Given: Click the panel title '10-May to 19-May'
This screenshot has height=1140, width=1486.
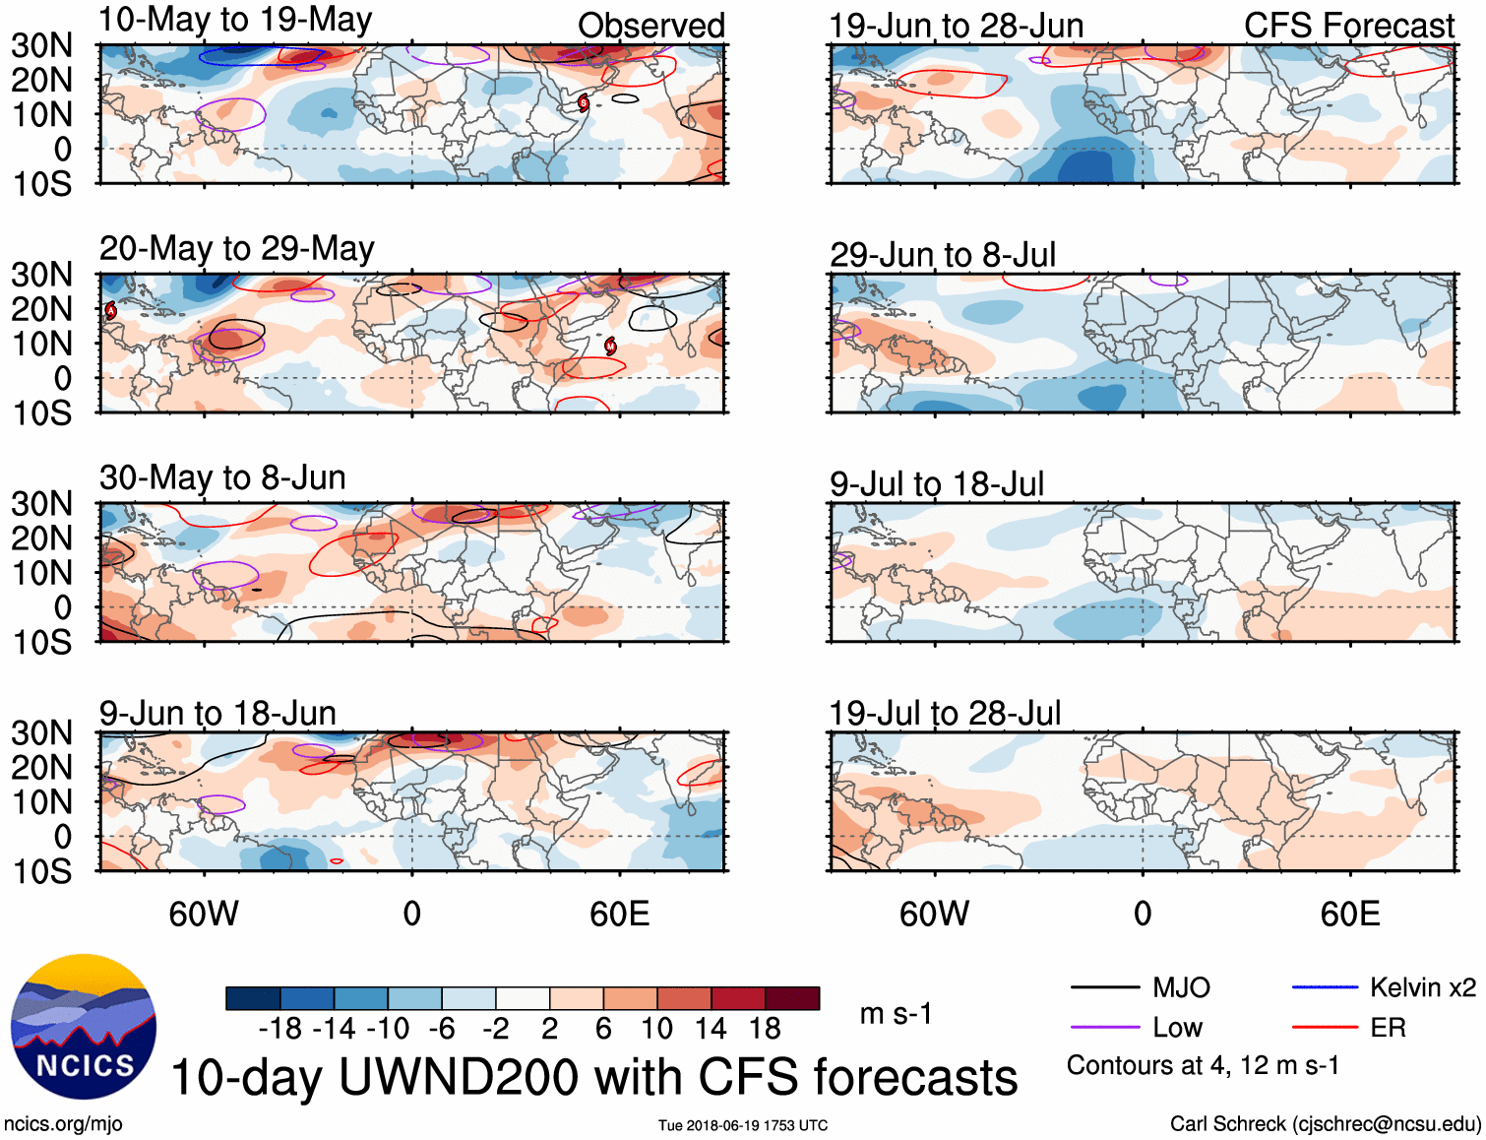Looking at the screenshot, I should click(235, 21).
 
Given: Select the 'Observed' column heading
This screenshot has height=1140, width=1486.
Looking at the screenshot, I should click(650, 26).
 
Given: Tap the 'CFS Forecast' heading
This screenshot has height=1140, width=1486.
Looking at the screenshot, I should click(1348, 26).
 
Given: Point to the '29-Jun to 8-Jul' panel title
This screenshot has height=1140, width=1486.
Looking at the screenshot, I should click(942, 255).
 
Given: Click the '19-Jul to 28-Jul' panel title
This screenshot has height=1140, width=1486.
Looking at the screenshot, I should click(945, 713).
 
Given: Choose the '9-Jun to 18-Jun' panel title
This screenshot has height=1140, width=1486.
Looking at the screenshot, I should click(217, 713).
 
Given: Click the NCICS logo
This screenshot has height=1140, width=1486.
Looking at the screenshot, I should click(84, 1027).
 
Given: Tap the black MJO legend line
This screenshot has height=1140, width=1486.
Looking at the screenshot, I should click(1105, 987).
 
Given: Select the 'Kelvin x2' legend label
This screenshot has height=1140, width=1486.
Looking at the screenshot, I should click(1422, 987).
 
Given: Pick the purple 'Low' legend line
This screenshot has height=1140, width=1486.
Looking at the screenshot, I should click(1105, 1028).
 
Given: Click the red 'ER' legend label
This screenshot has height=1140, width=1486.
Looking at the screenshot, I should click(1388, 1028).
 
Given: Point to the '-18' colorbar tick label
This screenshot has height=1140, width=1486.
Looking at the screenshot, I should click(280, 1029).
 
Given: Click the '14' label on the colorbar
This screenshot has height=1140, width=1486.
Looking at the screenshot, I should click(711, 1029).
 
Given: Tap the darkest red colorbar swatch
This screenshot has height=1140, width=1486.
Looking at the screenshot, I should click(792, 998).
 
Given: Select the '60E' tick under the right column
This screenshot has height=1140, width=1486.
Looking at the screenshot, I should click(1349, 914).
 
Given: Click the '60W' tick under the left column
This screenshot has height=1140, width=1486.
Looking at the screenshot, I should click(204, 914).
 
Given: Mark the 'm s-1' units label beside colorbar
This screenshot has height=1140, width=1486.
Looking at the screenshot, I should click(896, 1013).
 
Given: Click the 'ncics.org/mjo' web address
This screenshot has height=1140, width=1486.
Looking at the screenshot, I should click(63, 1124).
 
